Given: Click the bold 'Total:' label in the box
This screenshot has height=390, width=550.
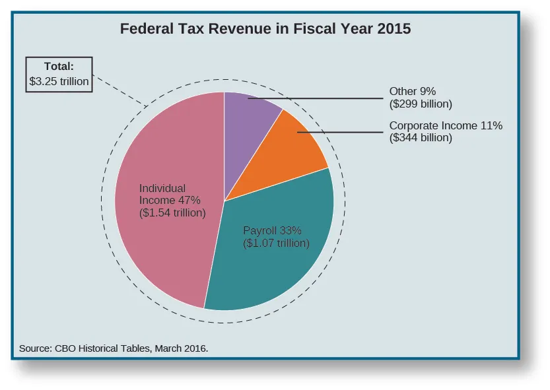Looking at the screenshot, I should [x=58, y=66].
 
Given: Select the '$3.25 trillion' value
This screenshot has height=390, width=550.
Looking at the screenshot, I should [x=59, y=81].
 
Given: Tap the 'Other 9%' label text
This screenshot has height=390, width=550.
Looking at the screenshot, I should [x=413, y=91].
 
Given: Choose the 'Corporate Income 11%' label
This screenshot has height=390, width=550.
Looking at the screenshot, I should [x=446, y=125].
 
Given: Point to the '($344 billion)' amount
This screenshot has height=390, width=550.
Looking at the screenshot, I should [x=421, y=138].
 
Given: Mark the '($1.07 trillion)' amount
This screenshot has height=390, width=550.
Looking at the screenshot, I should [x=276, y=243].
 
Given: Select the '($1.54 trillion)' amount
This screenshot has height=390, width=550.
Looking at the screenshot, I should [x=172, y=212].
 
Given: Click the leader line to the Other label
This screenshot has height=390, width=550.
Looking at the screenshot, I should [x=330, y=98].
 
